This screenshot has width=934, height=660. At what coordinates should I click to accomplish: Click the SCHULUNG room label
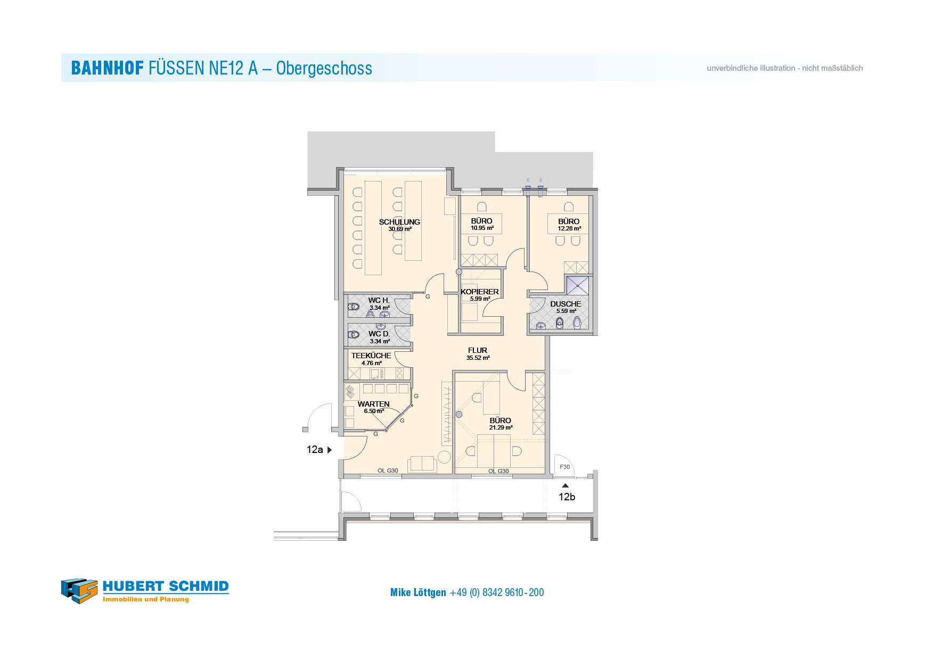(x=399, y=222)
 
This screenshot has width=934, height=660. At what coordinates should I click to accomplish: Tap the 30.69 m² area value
(x=400, y=229)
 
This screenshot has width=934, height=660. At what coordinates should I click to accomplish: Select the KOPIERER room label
(x=480, y=292)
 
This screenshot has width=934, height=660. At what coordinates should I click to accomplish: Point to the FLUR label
(x=478, y=350)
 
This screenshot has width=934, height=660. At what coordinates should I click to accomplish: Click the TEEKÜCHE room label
(x=371, y=356)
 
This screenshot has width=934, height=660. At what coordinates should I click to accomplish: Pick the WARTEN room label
(x=374, y=404)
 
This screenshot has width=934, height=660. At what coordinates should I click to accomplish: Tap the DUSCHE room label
(x=566, y=304)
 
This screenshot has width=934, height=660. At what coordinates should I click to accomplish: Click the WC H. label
(x=379, y=301)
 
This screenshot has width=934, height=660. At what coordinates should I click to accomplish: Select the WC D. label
(x=379, y=334)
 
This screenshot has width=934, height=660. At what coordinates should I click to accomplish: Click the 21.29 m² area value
(x=501, y=427)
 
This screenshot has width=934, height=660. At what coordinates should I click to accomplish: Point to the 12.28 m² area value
(x=569, y=229)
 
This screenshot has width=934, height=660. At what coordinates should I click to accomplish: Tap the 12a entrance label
(x=315, y=450)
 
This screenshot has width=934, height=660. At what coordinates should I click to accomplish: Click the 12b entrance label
(x=567, y=497)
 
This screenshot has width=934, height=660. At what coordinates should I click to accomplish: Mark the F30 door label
(x=565, y=467)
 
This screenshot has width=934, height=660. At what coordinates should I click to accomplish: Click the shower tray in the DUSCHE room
(x=578, y=285)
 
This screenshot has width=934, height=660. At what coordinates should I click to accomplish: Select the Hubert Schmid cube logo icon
(x=79, y=591)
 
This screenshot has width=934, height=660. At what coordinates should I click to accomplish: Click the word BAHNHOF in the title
(x=108, y=68)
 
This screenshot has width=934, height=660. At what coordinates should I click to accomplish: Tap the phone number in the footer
(x=497, y=592)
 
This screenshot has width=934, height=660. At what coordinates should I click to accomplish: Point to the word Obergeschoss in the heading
(x=324, y=69)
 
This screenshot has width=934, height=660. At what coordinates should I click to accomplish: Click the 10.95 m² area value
(x=482, y=228)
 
